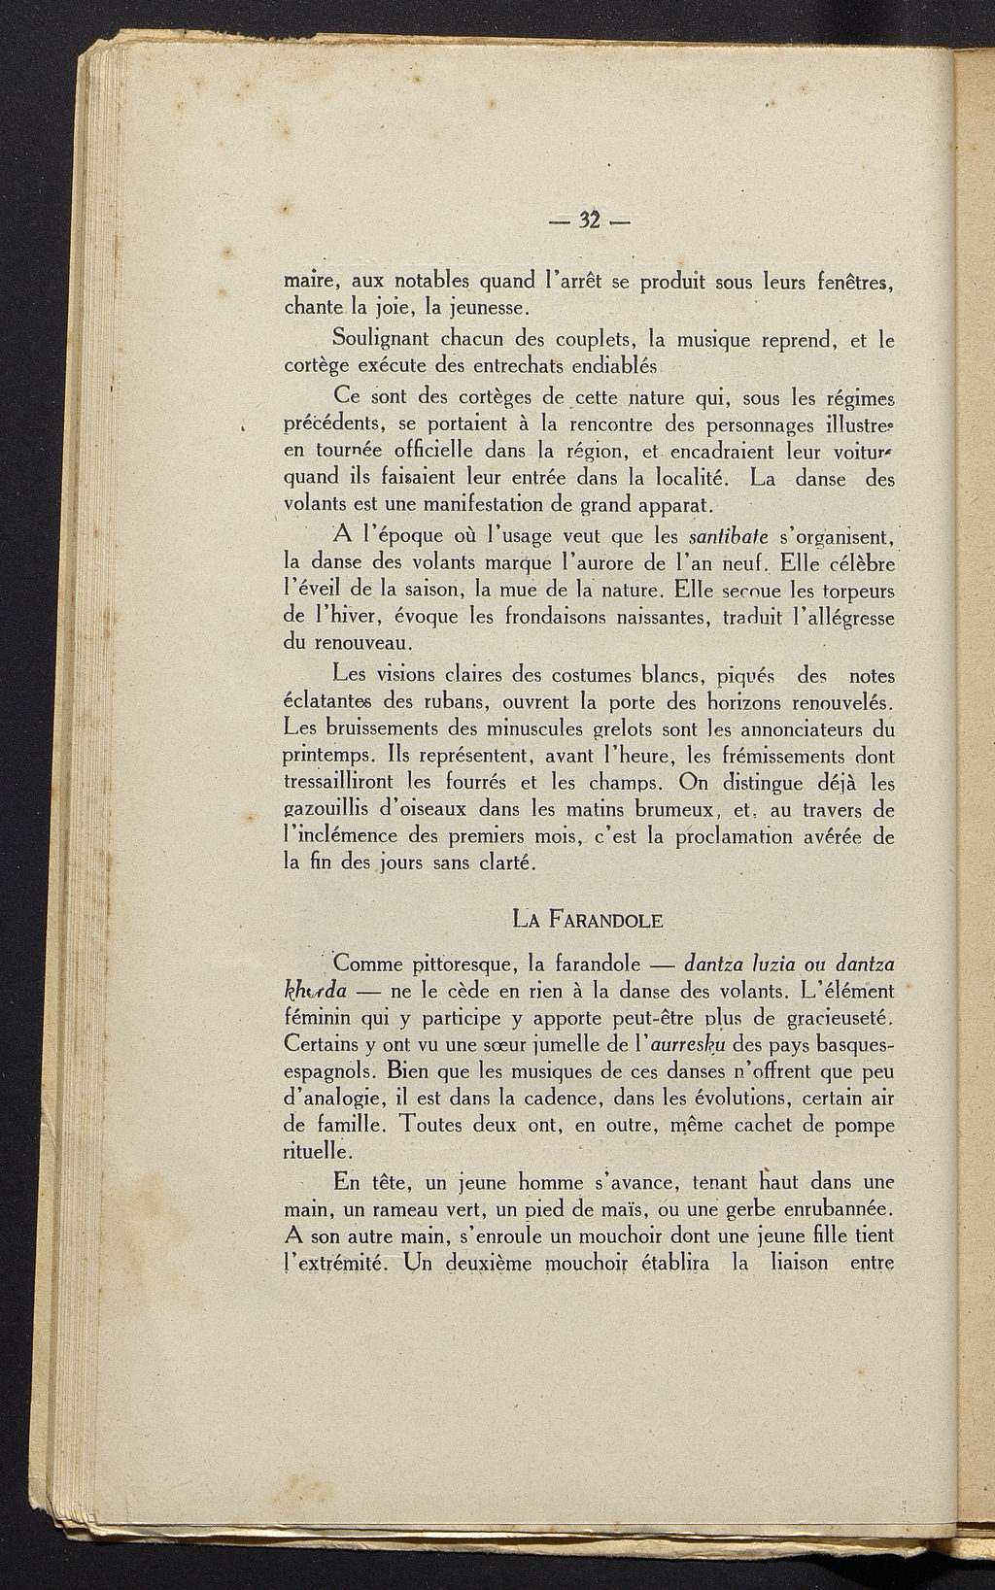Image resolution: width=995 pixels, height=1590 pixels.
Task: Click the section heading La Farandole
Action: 587,917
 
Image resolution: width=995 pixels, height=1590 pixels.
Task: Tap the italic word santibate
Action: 728,536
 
